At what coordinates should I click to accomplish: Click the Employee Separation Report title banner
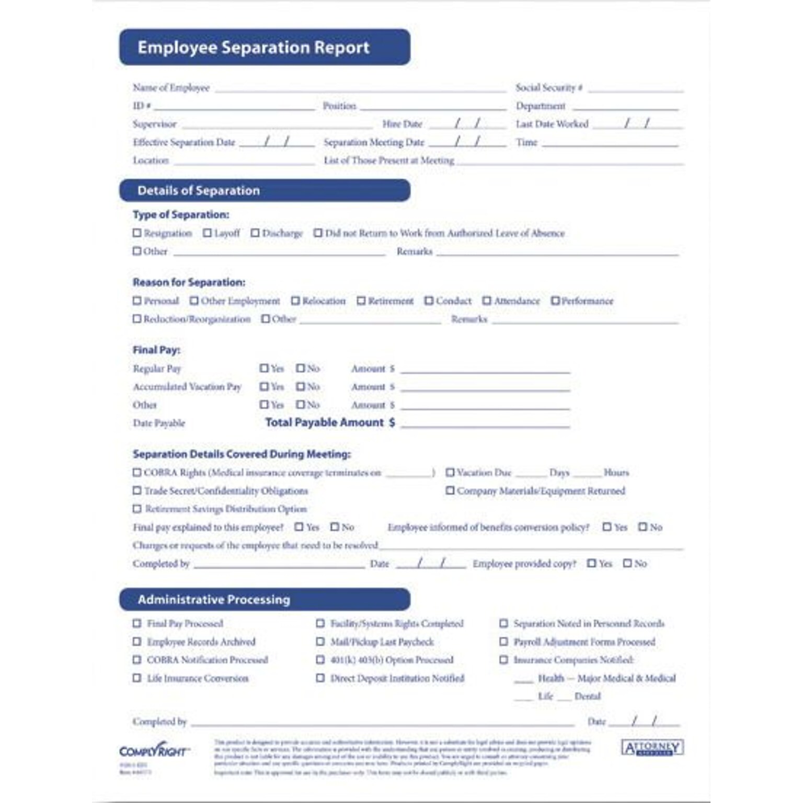pos(265,47)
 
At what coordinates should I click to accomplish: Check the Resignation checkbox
pos(137,233)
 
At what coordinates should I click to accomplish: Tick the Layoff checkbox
pos(208,233)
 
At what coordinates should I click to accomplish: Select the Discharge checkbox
pos(255,233)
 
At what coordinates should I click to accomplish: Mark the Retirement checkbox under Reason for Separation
pos(361,301)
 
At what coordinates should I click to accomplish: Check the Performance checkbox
pos(555,301)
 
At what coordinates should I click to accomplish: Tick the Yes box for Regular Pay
pos(264,368)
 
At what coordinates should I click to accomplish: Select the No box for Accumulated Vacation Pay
pos(300,386)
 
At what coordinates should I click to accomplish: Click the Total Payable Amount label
pos(325,422)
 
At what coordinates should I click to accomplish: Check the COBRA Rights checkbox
pos(137,472)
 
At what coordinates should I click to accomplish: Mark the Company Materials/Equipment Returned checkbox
pos(450,490)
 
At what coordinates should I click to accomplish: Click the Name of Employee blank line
pos(360,90)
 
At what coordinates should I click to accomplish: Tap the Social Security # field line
pos(635,90)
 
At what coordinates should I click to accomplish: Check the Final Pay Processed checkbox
pos(137,623)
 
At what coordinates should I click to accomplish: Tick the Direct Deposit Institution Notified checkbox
pos(320,678)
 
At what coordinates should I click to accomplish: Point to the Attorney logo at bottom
pos(652,748)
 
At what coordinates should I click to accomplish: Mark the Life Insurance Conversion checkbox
pos(137,678)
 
